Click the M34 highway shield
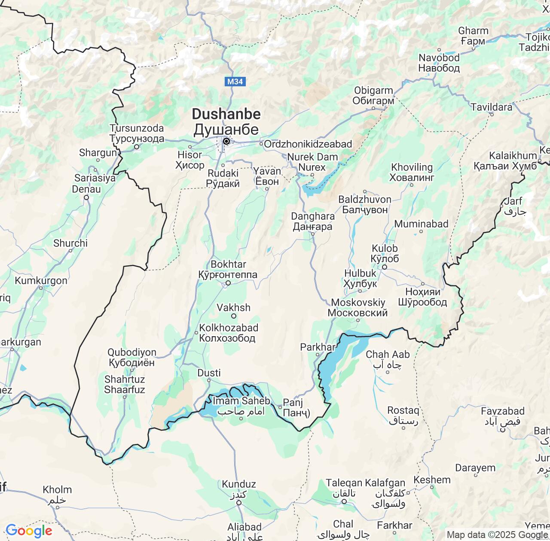click(235, 82)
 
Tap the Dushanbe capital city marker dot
click(226, 141)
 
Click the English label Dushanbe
click(226, 114)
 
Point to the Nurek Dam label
click(312, 157)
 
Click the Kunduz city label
click(239, 484)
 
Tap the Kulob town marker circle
click(385, 267)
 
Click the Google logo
click(29, 531)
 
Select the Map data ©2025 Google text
click(497, 535)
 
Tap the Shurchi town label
click(70, 243)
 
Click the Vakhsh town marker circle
click(234, 316)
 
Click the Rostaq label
click(403, 410)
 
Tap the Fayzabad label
click(503, 411)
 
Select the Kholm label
click(57, 490)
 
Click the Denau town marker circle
click(86, 198)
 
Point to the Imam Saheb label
click(241, 401)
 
